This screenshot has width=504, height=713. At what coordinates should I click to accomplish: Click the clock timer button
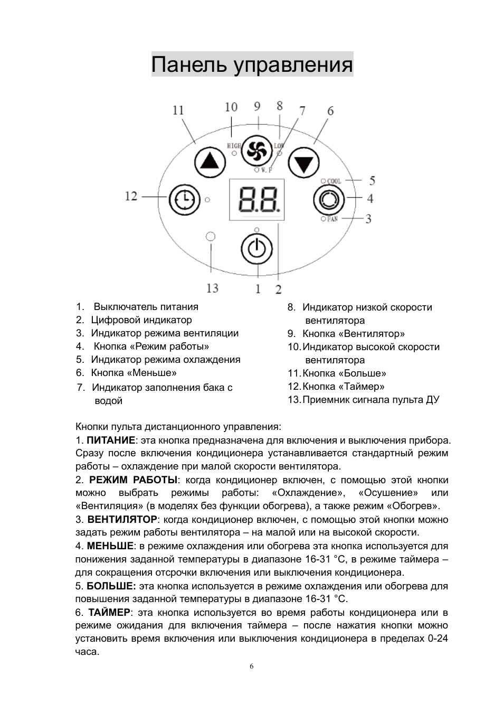click(x=184, y=200)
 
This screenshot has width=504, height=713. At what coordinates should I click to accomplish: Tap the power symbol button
click(x=256, y=248)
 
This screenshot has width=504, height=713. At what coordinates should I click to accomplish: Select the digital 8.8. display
click(x=256, y=200)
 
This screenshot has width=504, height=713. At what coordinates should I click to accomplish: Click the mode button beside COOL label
click(x=328, y=200)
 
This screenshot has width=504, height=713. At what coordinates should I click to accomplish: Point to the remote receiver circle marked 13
click(x=211, y=236)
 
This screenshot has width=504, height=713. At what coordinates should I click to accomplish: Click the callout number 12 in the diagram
click(x=131, y=196)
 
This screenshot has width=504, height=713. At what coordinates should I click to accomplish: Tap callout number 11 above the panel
click(x=178, y=110)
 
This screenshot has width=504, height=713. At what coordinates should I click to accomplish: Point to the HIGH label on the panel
click(x=234, y=146)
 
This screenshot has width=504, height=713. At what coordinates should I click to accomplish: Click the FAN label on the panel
click(x=332, y=219)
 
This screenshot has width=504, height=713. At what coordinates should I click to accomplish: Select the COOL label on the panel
click(x=334, y=181)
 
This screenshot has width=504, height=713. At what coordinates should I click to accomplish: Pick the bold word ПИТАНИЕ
click(x=111, y=440)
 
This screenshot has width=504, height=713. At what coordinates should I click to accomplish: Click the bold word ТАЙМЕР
click(x=109, y=613)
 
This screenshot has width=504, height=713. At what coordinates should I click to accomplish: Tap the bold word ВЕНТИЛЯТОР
click(x=122, y=520)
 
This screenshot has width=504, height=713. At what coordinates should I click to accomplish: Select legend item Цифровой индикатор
click(x=141, y=320)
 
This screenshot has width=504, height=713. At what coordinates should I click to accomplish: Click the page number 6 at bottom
click(x=252, y=667)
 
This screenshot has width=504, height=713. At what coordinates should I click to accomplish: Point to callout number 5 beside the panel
click(x=372, y=181)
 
